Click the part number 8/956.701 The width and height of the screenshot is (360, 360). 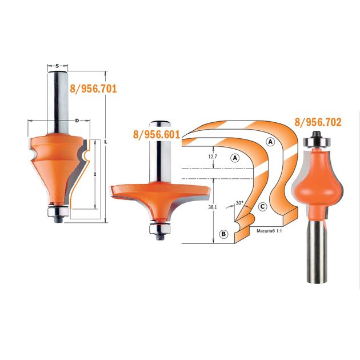click(94, 89)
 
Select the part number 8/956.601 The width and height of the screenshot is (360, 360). click(157, 134)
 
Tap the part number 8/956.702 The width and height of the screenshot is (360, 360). click(318, 122)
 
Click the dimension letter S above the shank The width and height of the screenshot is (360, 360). click(57, 66)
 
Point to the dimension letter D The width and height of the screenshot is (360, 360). click(77, 121)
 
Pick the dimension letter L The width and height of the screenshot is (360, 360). click(106, 142)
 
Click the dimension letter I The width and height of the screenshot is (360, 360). click(95, 174)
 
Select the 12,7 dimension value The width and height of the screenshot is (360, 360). click(213, 157)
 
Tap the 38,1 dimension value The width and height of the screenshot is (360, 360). click(213, 207)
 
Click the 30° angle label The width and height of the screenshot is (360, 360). click(239, 203)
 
